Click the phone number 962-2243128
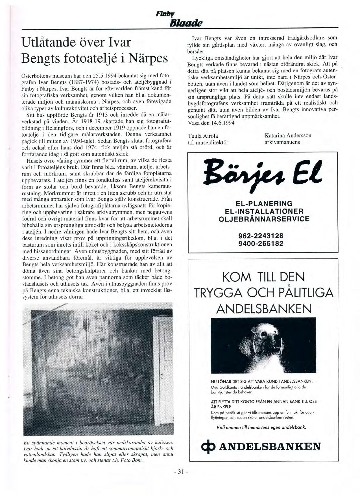coord(261,236)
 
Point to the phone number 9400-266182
coord(261,243)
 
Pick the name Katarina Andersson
coord(288,135)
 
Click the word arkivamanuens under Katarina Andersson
coord(282,142)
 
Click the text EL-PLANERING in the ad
coord(260,203)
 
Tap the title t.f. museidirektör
coord(208,143)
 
